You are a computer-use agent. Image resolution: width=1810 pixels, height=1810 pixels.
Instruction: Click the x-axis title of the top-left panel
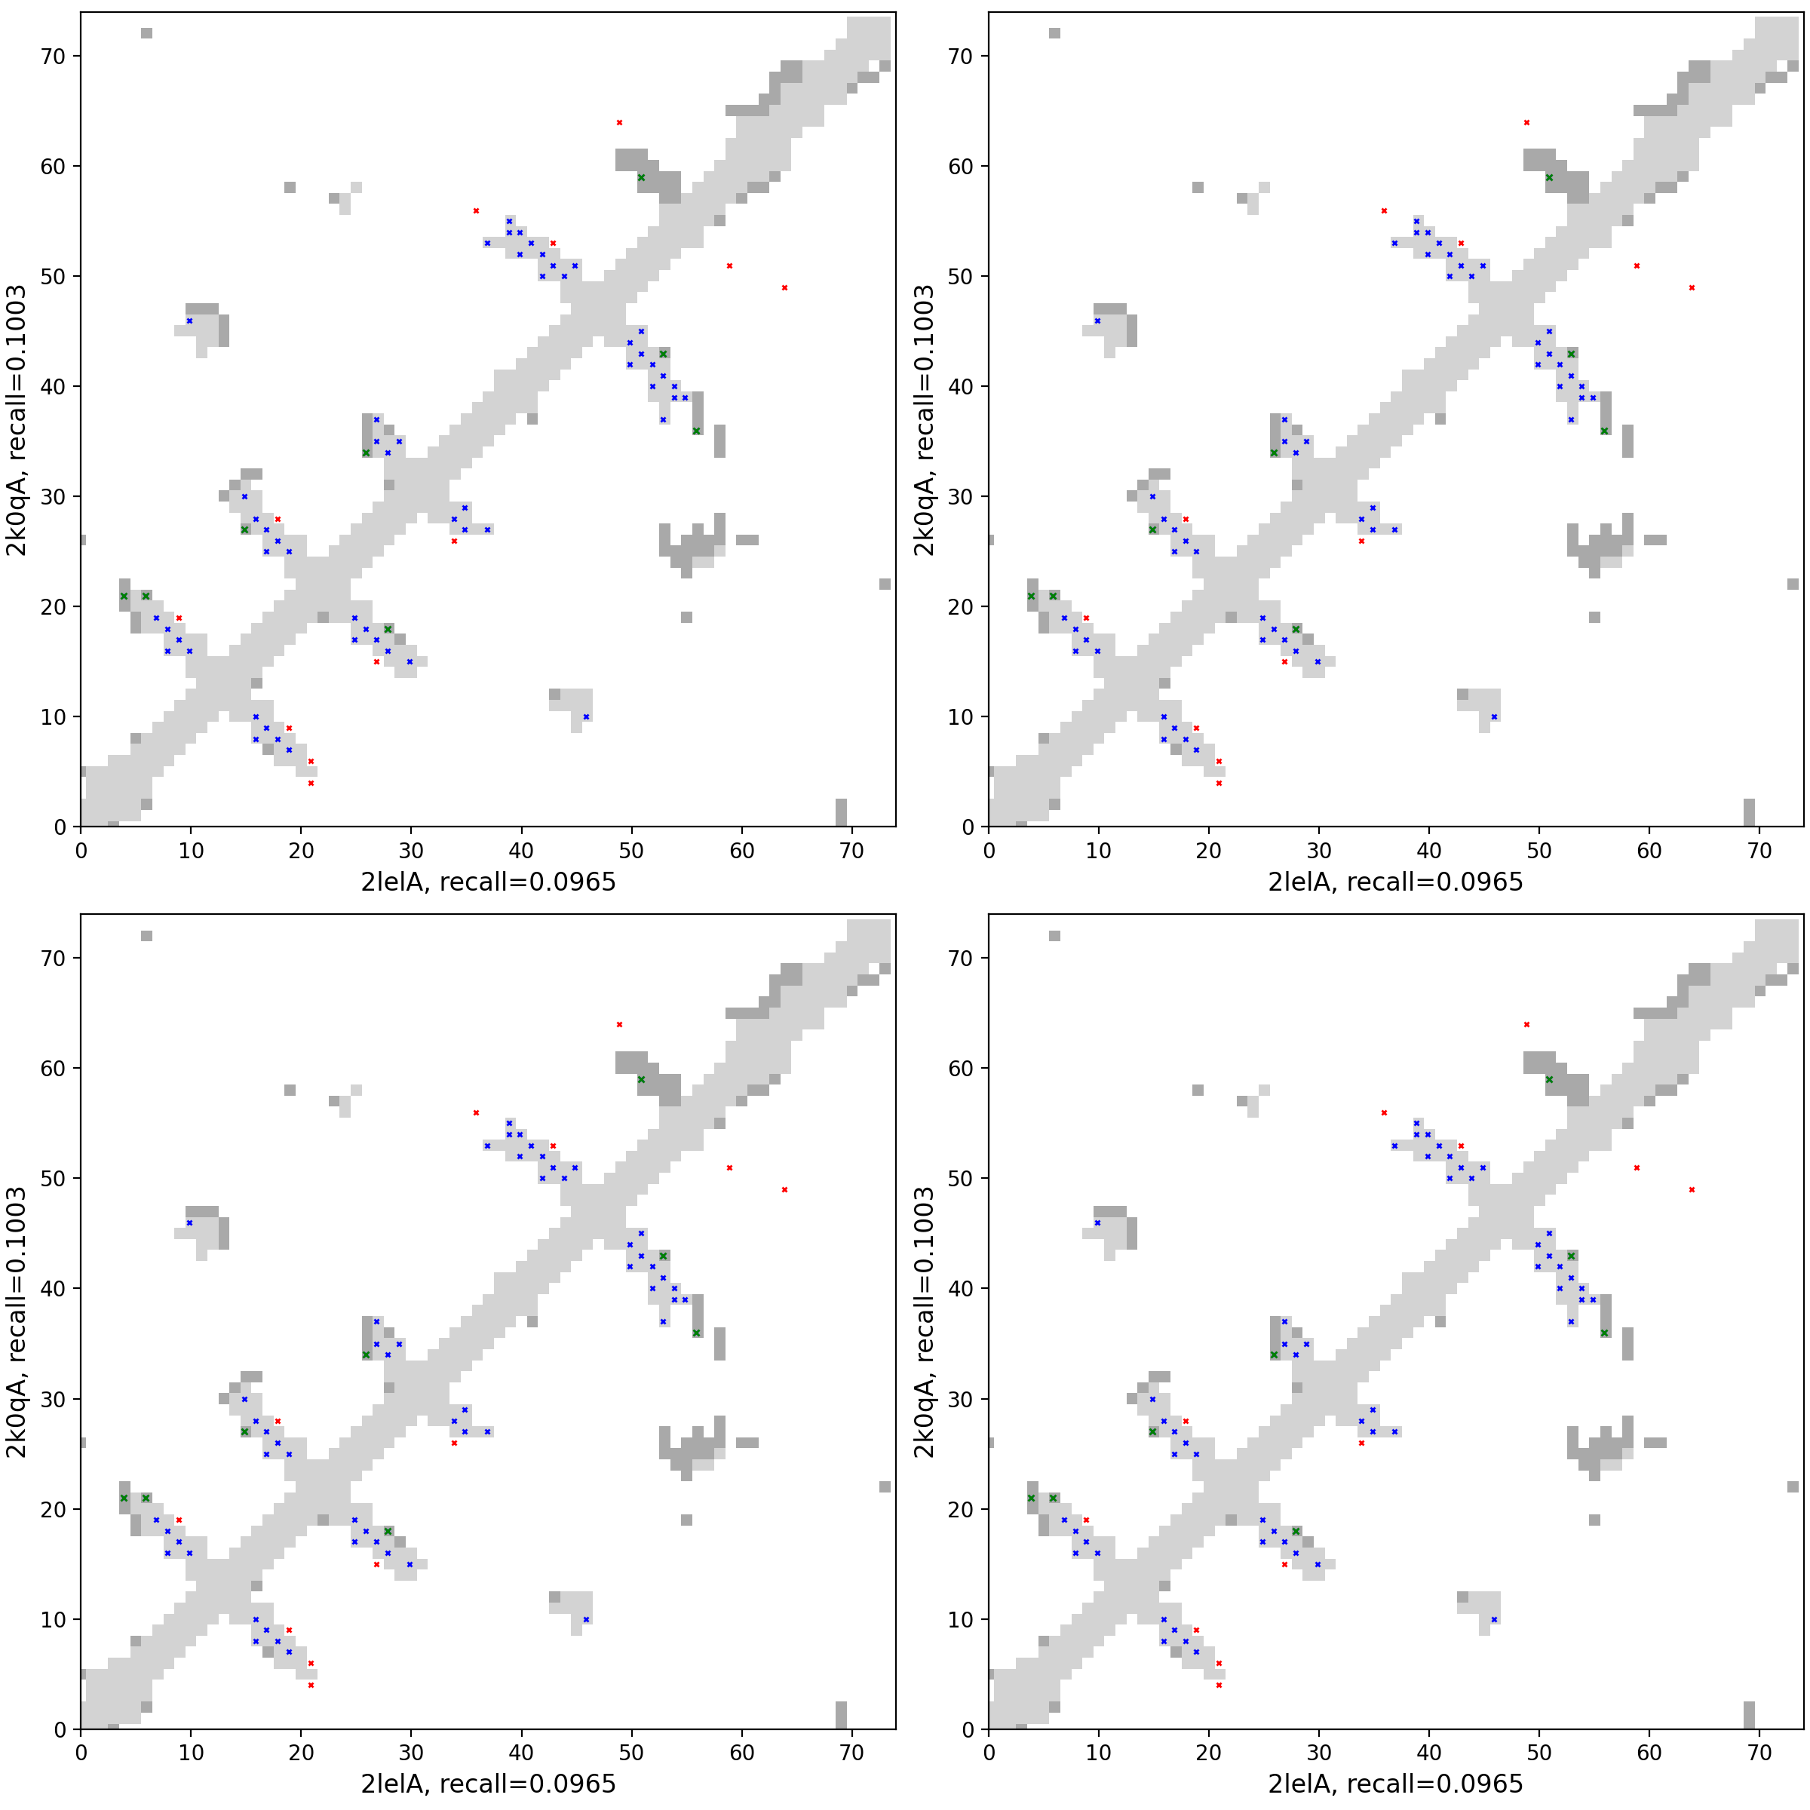coord(488,882)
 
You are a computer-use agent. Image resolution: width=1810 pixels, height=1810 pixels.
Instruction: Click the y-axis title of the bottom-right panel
coord(924,1322)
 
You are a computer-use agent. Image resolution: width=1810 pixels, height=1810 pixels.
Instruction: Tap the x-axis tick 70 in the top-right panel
coord(1759,851)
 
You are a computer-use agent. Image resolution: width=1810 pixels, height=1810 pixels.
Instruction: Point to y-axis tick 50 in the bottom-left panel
coord(54,1179)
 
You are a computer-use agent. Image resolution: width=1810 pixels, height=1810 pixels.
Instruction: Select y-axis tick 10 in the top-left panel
coord(54,716)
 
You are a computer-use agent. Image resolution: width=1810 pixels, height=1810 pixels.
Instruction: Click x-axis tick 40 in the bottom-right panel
coord(1428,1753)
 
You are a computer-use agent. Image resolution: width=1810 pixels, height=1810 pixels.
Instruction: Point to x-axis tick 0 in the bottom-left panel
coord(81,1753)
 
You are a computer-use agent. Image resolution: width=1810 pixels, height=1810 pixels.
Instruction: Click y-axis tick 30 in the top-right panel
coord(962,496)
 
